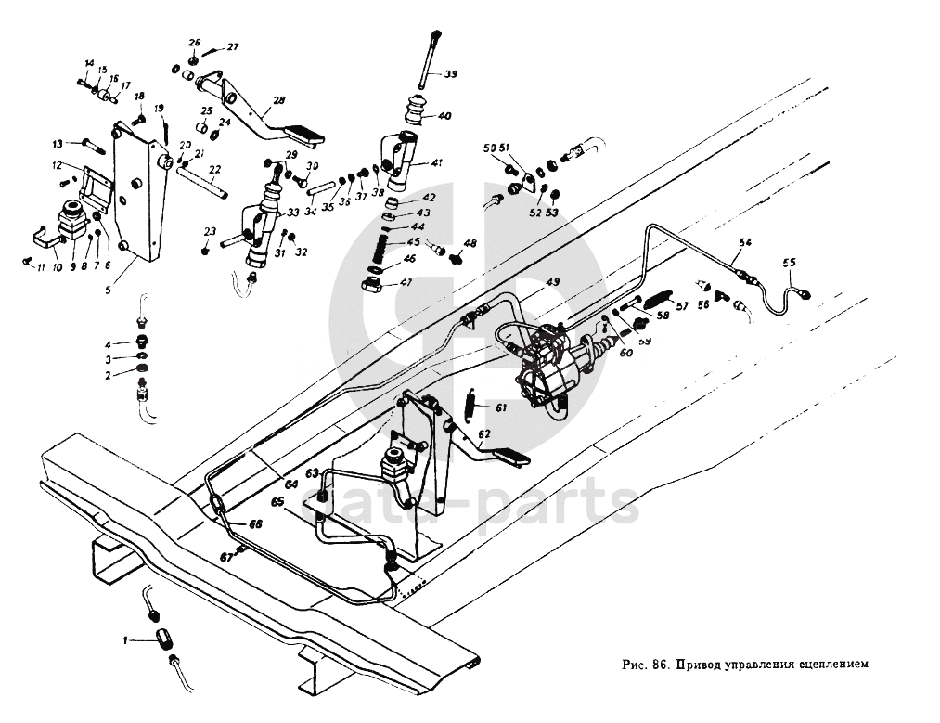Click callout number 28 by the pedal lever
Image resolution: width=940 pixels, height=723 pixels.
click(x=279, y=101)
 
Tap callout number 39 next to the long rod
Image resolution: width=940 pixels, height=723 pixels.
click(x=450, y=74)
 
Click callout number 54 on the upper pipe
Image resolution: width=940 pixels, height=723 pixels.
click(x=743, y=243)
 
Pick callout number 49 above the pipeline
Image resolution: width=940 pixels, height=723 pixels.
click(x=552, y=281)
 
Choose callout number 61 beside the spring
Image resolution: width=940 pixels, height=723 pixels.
click(x=500, y=407)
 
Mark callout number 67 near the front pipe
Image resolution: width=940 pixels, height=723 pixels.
click(x=225, y=557)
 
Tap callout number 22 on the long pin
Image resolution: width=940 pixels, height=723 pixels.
click(x=215, y=170)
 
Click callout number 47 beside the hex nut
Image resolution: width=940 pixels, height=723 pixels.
click(x=406, y=284)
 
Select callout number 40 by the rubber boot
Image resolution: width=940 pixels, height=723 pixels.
click(x=444, y=117)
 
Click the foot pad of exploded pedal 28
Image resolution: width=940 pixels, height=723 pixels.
click(x=307, y=135)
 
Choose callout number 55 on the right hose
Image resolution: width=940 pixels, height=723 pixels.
click(x=790, y=264)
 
